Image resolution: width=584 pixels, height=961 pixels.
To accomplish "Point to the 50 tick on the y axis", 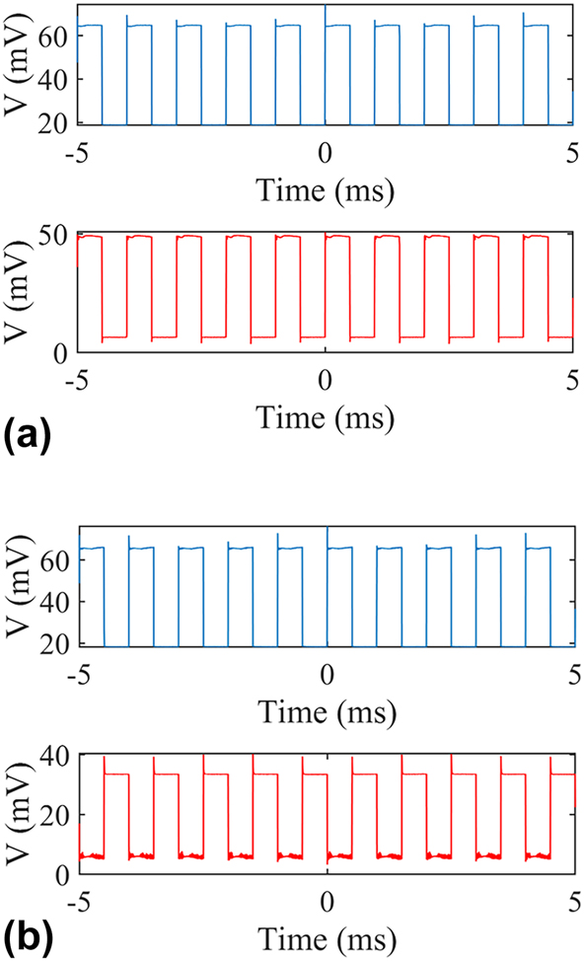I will pyautogui.click(x=55, y=235).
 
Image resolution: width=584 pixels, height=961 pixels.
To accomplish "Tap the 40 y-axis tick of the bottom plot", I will pyautogui.click(x=55, y=755).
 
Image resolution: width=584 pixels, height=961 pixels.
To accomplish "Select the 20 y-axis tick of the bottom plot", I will pyautogui.click(x=55, y=814).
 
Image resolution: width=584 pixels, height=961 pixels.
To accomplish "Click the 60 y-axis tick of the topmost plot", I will pyautogui.click(x=55, y=34).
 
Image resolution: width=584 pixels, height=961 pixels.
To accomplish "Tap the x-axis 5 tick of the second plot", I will pyautogui.click(x=572, y=377).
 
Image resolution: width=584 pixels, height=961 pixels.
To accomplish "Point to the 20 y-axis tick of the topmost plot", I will pyautogui.click(x=55, y=123).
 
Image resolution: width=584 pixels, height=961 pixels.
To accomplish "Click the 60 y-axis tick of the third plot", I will pyautogui.click(x=55, y=556).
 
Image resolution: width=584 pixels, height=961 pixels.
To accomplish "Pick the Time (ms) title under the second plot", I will pyautogui.click(x=326, y=416).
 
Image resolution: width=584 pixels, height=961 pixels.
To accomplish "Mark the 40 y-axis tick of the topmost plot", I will pyautogui.click(x=55, y=79).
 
